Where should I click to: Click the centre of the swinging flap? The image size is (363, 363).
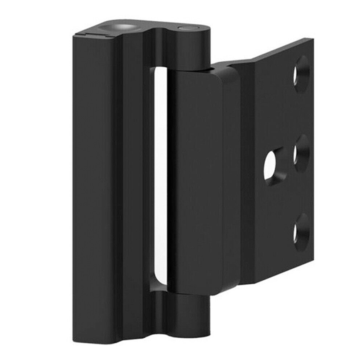[203, 181]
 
